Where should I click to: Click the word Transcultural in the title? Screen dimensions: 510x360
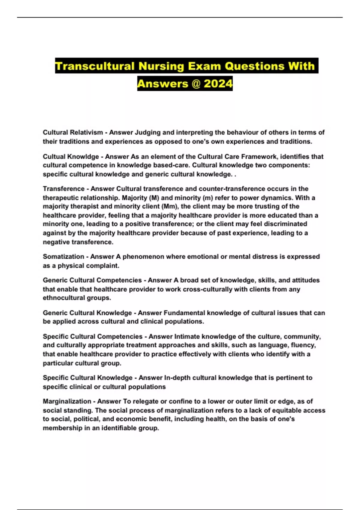[95, 66]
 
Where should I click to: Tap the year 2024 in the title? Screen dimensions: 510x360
[218, 83]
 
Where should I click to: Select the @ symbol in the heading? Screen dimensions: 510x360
[195, 83]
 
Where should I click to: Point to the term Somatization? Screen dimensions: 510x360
[64, 256]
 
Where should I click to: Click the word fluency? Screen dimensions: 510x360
[304, 345]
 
